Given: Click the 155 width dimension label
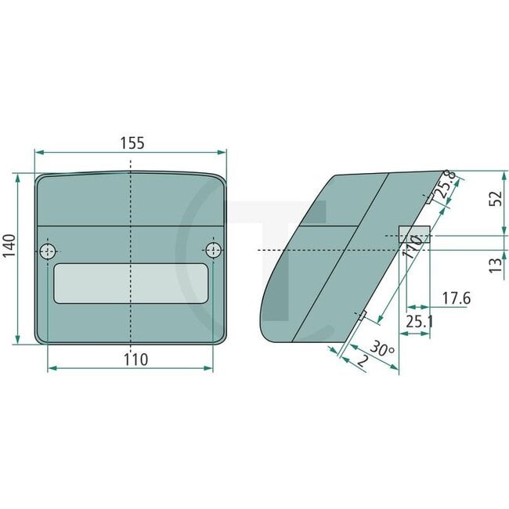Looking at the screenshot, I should pyautogui.click(x=132, y=143).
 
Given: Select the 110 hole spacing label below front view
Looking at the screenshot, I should pyautogui.click(x=135, y=359).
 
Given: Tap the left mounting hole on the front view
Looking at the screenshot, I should pyautogui.click(x=49, y=251).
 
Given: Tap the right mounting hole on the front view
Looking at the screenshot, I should pyautogui.click(x=212, y=251).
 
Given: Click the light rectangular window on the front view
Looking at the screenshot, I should pyautogui.click(x=131, y=283).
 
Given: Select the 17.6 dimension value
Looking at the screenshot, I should pyautogui.click(x=456, y=298).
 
